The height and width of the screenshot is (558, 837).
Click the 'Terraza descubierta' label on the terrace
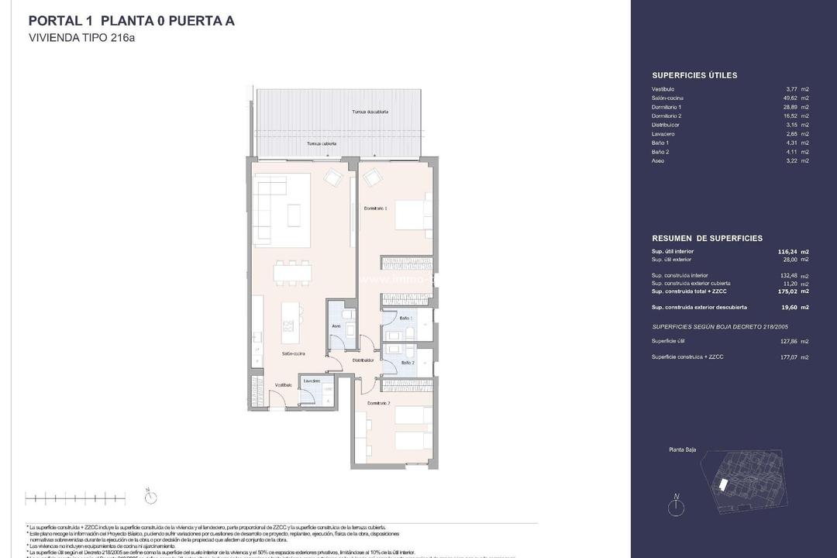tap(370, 112)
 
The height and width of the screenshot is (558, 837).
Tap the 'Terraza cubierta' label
tap(322, 143)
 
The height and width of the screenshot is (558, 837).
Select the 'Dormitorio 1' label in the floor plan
tap(375, 208)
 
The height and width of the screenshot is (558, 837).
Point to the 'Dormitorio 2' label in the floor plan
tap(377, 404)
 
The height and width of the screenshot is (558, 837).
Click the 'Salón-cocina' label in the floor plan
tap(293, 353)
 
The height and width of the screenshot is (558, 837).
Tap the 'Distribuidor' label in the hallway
tap(363, 360)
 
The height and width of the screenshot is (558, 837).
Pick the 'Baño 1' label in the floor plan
tap(406, 319)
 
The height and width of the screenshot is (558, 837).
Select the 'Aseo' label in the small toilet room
tap(336, 326)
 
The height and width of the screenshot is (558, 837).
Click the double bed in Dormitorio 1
tap(411, 214)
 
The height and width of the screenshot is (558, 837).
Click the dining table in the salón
tap(293, 272)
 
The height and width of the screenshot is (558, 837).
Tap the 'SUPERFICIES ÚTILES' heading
tap(694, 75)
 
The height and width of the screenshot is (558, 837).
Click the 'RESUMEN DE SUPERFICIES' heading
tap(707, 239)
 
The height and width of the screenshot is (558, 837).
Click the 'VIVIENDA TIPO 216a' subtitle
tap(81, 37)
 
